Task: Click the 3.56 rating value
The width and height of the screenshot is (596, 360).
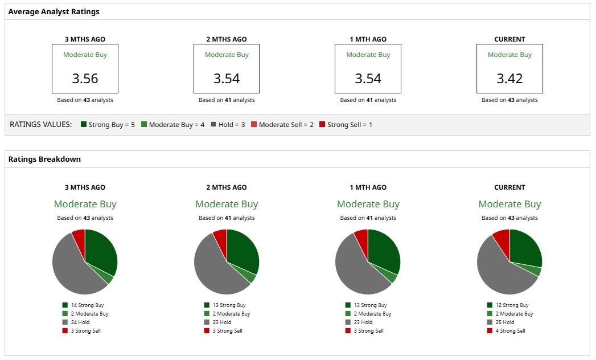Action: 85,79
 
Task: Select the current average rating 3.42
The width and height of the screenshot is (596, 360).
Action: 509,79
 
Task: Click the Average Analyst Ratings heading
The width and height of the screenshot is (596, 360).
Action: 54,11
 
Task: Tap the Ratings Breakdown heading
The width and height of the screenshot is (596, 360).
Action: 44,159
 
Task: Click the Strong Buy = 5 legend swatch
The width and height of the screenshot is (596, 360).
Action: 84,124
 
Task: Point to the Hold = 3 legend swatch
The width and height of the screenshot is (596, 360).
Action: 213,124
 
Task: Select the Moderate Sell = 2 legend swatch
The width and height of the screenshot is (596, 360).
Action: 254,124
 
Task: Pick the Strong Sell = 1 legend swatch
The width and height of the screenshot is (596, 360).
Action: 322,124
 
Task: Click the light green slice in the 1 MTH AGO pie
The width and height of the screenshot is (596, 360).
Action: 391,276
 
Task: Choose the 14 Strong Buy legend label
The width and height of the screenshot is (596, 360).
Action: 87,305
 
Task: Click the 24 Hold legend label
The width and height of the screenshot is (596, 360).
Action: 80,322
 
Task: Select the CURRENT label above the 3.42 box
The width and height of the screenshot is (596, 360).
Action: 509,39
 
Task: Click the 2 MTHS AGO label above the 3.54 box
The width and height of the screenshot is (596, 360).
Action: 227,39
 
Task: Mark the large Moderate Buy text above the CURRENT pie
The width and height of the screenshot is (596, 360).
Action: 509,204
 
